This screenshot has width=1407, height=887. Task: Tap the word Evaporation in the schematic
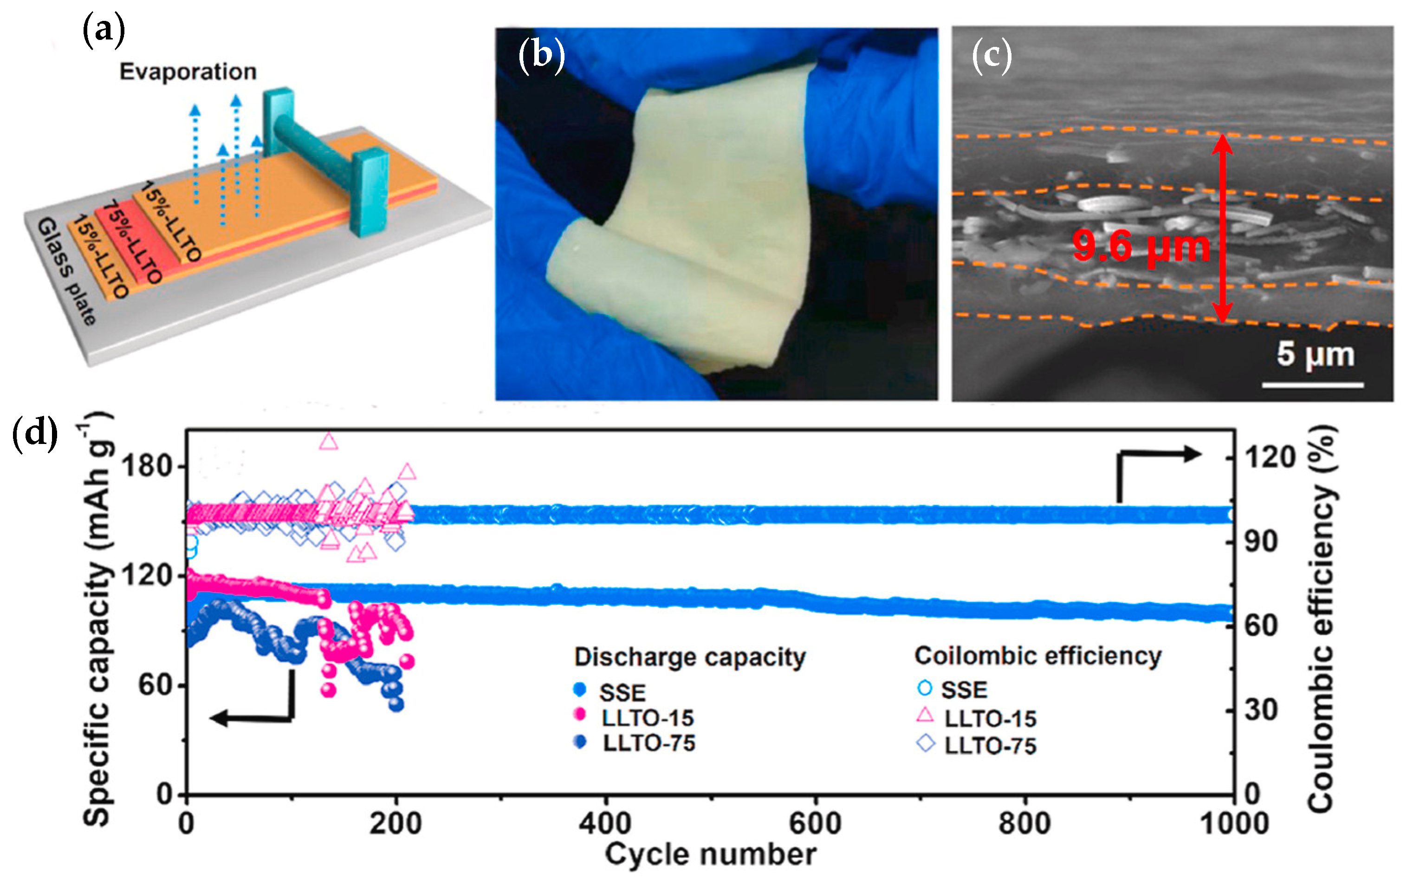tap(188, 72)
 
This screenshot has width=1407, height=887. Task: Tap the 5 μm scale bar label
tap(1315, 354)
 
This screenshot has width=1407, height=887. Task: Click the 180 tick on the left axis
tap(147, 466)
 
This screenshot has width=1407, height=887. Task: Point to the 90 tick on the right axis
tap(1260, 542)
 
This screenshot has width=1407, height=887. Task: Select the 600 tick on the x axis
tap(815, 823)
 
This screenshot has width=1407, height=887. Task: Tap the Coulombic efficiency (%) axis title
tap(1322, 618)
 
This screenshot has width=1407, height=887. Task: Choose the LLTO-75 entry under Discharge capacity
tap(648, 743)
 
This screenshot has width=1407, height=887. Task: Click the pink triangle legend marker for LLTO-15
tap(925, 715)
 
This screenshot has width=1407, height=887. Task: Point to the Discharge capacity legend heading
tap(689, 657)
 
